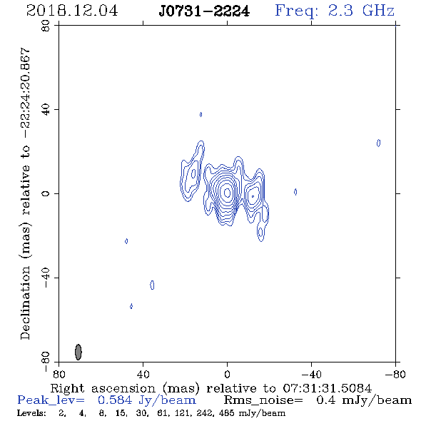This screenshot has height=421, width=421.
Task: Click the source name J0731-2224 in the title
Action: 204,11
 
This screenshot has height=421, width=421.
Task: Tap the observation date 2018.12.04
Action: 72,11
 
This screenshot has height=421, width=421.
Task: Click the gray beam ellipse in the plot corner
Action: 78,352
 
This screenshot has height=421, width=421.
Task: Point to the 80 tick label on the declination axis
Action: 46,26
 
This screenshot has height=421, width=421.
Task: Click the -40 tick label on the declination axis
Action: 46,278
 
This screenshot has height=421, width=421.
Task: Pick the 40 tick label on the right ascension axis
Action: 143,374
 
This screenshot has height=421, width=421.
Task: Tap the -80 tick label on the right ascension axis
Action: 395,374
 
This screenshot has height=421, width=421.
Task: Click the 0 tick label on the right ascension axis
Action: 227,374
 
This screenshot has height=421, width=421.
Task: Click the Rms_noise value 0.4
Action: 325,400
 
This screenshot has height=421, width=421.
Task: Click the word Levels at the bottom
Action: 31,412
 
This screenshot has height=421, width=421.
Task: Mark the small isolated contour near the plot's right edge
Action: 378,143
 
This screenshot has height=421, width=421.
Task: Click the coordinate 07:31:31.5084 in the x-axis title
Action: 327,388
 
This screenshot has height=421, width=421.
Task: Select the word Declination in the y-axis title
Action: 25,303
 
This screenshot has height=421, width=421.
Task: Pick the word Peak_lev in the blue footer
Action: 51,400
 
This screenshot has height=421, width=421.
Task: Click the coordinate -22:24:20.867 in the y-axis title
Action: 25,93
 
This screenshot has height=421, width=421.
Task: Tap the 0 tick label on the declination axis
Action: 46,193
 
